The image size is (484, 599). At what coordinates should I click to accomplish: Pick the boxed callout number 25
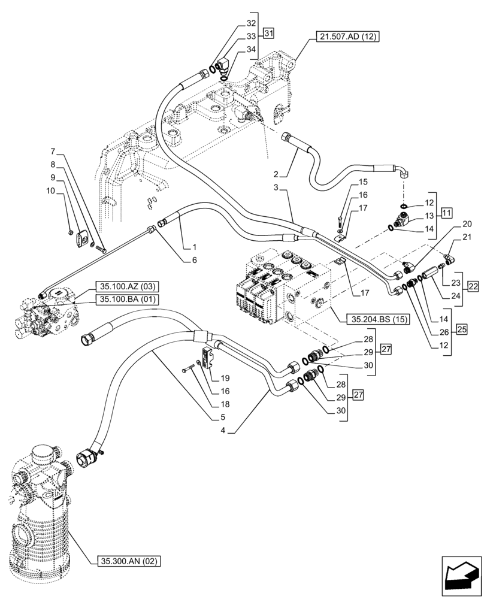tap(462, 328)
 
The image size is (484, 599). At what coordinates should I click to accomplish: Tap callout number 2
tap(276, 174)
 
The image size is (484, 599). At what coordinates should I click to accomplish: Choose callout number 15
tap(363, 181)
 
